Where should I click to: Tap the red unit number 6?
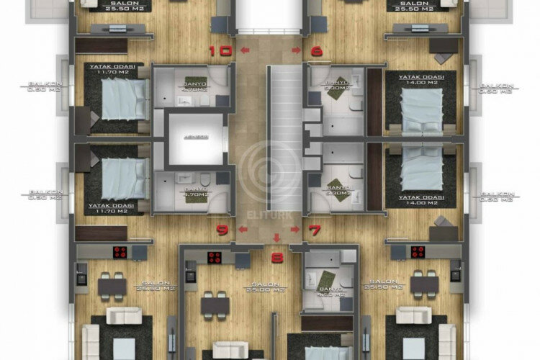(x=315, y=51)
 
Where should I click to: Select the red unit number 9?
(x=223, y=231)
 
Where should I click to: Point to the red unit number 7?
(x=315, y=231)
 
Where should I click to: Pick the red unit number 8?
(x=277, y=255)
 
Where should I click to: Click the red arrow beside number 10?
(x=246, y=50)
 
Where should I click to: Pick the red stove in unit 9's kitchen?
(x=120, y=252)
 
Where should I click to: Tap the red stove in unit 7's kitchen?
(x=417, y=252)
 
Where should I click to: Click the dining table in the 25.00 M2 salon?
(x=215, y=305)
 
